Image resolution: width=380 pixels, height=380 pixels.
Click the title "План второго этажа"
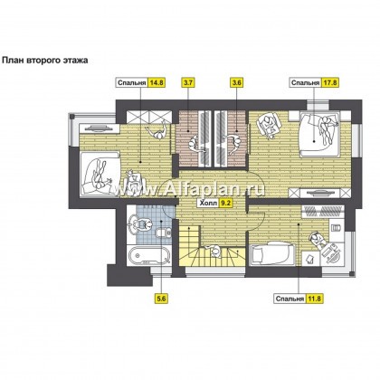45,61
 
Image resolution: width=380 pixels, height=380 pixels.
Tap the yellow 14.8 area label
157,83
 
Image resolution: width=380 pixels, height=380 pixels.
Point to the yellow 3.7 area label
187,83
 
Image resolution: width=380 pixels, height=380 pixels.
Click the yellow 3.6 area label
237,83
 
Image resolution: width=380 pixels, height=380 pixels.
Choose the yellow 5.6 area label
162,299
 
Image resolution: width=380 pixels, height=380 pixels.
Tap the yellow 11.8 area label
314,299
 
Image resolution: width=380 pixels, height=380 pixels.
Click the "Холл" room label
208,203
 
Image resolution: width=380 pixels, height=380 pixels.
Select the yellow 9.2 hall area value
225,203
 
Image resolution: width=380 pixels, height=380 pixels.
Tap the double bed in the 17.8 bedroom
319,134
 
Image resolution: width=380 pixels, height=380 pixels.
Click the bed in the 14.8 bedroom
100,175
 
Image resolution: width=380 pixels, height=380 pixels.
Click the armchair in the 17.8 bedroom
270,126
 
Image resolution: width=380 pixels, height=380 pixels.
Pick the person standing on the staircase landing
214,251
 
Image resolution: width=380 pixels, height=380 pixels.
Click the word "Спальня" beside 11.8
290,299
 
